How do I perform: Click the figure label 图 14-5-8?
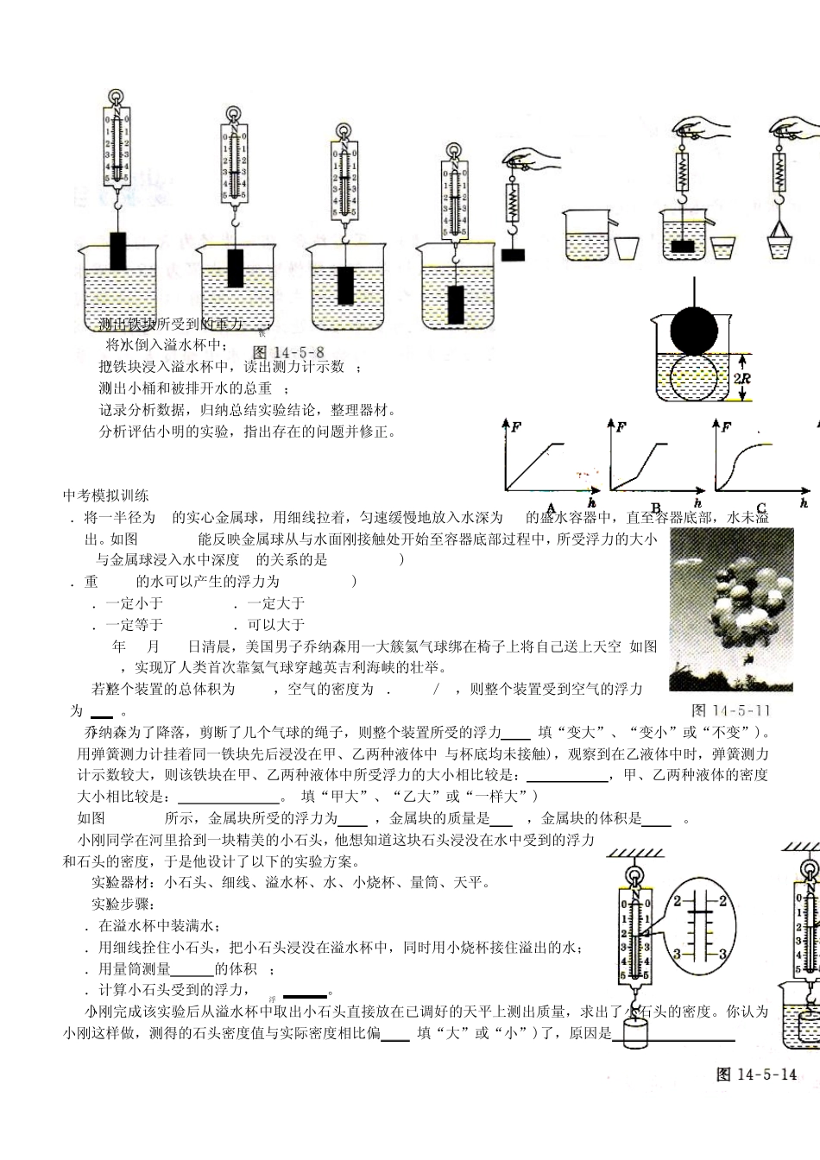coord(289,352)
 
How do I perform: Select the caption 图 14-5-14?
coord(756,1074)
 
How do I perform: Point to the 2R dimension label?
coord(741,378)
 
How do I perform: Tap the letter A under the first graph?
coord(551,507)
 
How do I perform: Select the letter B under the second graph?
coord(655,507)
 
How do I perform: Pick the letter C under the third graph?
coord(761,507)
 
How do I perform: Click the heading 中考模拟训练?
coord(106,495)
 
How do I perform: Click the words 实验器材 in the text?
coord(118,882)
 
